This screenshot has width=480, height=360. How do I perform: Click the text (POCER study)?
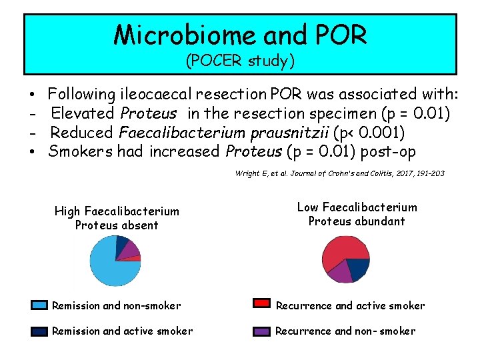coord(240,61)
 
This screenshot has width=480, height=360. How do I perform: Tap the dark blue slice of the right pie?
coord(359,268)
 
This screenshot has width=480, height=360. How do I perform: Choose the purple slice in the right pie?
coord(339,272)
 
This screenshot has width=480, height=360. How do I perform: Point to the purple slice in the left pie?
coord(131,249)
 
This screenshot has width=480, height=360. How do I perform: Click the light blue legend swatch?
coord(40,306)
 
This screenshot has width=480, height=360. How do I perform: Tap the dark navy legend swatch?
coord(40,331)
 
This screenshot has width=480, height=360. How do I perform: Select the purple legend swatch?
coord(263,331)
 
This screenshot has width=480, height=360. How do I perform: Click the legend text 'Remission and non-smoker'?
coord(116,306)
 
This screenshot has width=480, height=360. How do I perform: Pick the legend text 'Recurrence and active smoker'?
coord(350,306)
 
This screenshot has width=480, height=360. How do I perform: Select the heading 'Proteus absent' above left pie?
coord(117,225)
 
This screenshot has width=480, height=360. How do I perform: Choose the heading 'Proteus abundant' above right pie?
coord(357,221)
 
